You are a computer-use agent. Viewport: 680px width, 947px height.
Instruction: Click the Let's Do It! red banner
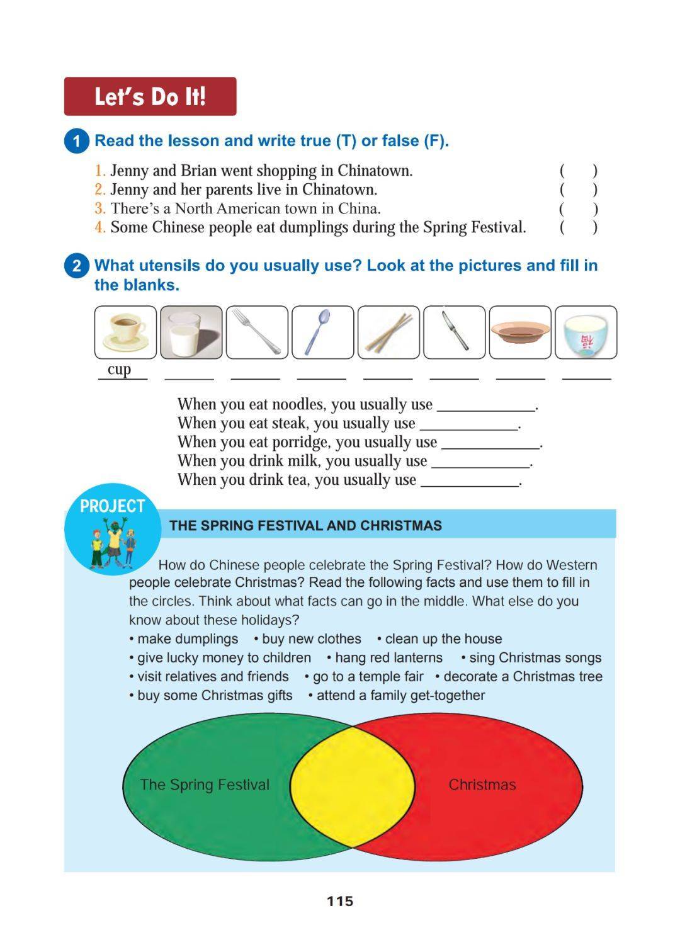(150, 96)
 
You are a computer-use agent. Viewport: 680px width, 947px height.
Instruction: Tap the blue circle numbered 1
(76, 141)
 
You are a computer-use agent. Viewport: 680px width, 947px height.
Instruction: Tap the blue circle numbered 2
(76, 266)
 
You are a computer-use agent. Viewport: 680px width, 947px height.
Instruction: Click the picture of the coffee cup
(125, 332)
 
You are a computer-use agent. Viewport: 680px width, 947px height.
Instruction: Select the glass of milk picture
(191, 332)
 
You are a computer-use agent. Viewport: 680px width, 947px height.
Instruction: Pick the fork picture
(257, 332)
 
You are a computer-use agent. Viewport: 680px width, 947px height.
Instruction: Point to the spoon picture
(322, 332)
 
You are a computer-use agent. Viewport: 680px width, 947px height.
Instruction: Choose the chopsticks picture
(388, 332)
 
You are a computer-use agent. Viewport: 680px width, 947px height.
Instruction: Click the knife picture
(454, 332)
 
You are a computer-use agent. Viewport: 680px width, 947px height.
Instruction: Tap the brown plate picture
(520, 332)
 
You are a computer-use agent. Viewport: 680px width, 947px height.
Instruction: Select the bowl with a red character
(586, 332)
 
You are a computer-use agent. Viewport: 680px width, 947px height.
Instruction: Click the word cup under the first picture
(119, 369)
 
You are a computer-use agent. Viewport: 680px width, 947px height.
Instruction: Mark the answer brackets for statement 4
(578, 227)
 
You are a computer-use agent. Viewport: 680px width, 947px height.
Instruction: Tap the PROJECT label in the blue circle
(112, 506)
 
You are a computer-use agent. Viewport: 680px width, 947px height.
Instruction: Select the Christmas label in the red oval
(482, 785)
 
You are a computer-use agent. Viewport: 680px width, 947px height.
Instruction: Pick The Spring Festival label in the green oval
(205, 785)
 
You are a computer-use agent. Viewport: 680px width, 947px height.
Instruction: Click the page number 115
(340, 901)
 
